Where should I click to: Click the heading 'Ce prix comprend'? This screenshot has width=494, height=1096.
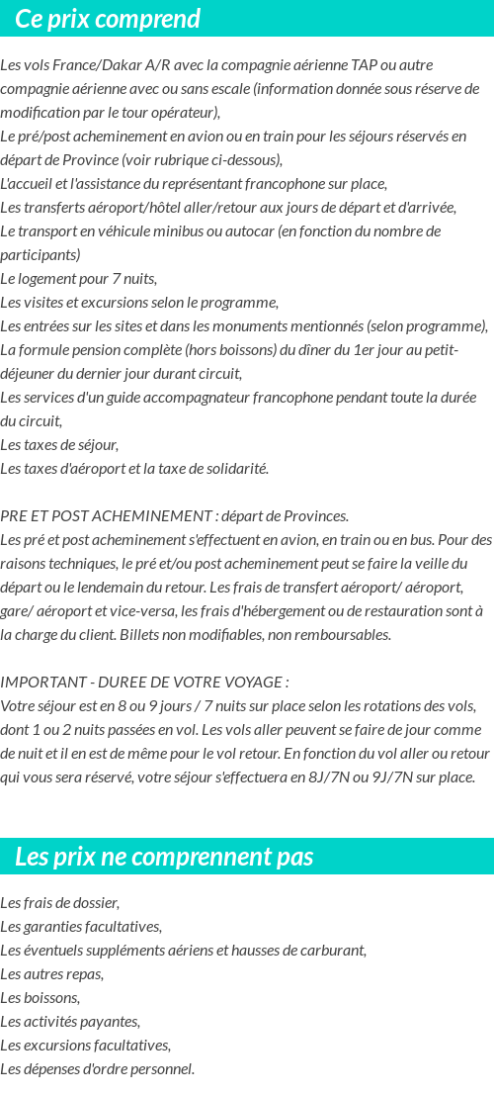click(108, 19)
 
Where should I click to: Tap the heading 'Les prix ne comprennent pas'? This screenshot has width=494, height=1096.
click(164, 857)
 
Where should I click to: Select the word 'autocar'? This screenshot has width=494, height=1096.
click(247, 231)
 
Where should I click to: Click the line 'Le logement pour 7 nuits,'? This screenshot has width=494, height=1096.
click(78, 279)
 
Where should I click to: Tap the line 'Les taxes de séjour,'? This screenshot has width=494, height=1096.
click(59, 445)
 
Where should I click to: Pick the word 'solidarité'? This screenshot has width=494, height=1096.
click(233, 469)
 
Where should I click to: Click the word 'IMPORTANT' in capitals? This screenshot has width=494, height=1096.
click(38, 683)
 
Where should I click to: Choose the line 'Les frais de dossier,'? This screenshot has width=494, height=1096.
click(60, 903)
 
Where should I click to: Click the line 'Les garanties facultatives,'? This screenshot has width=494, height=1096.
click(81, 927)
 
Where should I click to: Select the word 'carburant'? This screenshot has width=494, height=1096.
click(333, 951)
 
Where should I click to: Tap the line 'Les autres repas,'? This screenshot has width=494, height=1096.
click(51, 974)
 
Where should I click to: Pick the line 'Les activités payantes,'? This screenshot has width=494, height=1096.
click(70, 1022)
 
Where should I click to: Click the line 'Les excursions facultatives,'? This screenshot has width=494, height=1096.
click(85, 1046)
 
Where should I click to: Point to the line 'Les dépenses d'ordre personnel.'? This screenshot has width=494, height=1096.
click(98, 1069)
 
